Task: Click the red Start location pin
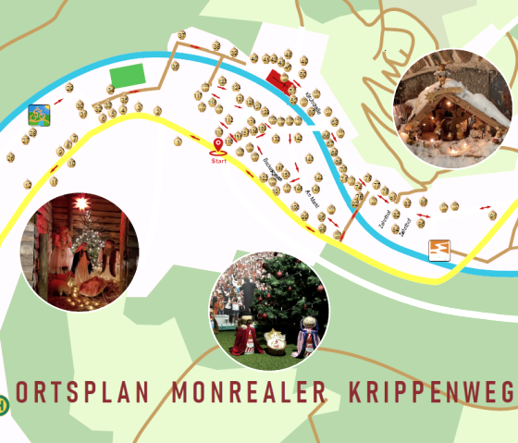pos(218,145)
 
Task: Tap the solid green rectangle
pos(128,76)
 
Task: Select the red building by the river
pos(279,80)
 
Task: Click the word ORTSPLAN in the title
pos(82,392)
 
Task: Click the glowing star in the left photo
pos(80,202)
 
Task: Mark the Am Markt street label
pos(313,196)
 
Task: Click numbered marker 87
pos(181,35)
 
